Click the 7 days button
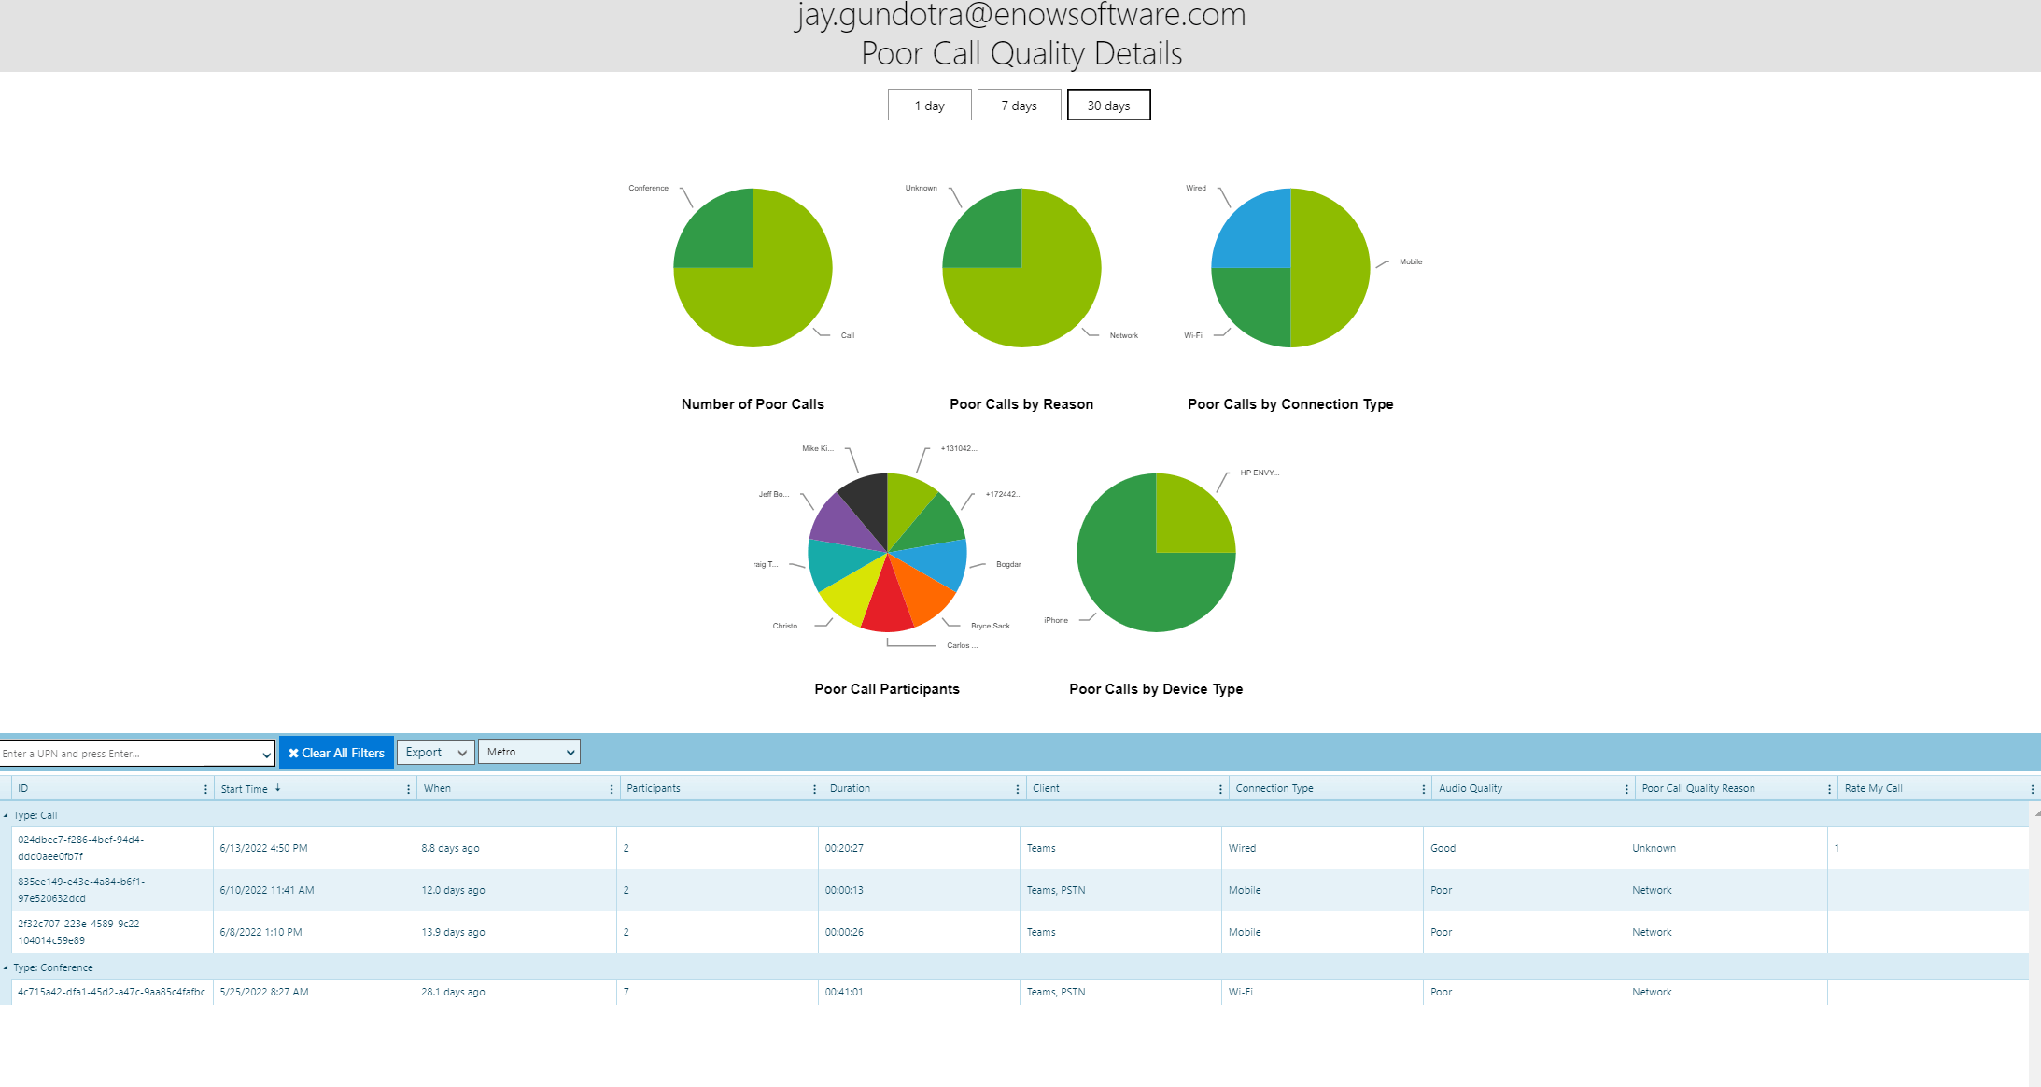pos(1019,106)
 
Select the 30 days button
pos(1108,106)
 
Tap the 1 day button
pos(929,106)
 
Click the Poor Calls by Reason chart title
pos(1021,404)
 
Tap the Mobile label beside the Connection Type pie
pos(1410,261)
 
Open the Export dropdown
pos(435,753)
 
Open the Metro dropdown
pos(528,752)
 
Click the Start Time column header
pos(245,789)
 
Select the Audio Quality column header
pos(1471,789)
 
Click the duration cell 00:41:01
pos(844,992)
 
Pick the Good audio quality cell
pos(1443,848)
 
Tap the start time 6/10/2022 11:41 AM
pos(267,890)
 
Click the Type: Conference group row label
pos(53,967)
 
